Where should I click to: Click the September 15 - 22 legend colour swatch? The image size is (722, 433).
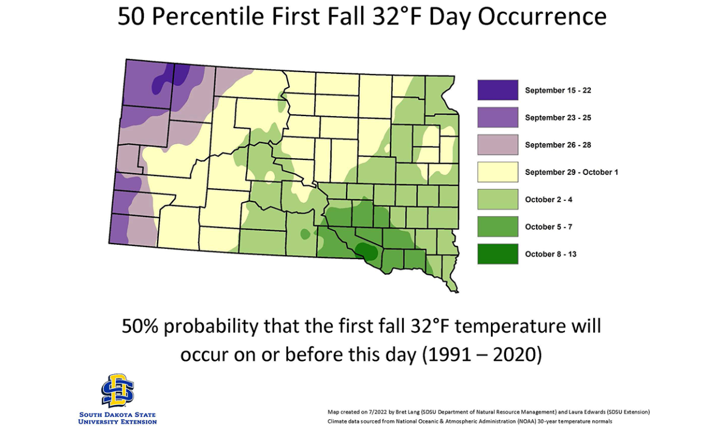pyautogui.click(x=498, y=90)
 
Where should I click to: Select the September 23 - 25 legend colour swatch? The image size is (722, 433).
pyautogui.click(x=498, y=117)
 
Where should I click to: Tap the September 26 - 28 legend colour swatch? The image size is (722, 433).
pyautogui.click(x=498, y=145)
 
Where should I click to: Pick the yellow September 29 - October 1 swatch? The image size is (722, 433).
pyautogui.click(x=498, y=172)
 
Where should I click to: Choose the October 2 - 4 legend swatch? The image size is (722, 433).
pyautogui.click(x=498, y=199)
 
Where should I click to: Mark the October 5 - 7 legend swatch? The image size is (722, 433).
pyautogui.click(x=498, y=227)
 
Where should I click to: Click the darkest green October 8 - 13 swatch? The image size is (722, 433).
pyautogui.click(x=498, y=254)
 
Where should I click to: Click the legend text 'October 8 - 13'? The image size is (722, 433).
pyautogui.click(x=551, y=254)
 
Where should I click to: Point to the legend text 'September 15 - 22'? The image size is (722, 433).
pyautogui.click(x=558, y=91)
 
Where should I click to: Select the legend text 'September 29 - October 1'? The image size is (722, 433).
pyautogui.click(x=572, y=173)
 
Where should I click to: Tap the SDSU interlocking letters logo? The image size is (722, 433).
pyautogui.click(x=118, y=390)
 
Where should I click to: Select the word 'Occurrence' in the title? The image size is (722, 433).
pyautogui.click(x=543, y=17)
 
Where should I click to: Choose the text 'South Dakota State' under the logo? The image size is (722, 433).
pyautogui.click(x=118, y=415)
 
